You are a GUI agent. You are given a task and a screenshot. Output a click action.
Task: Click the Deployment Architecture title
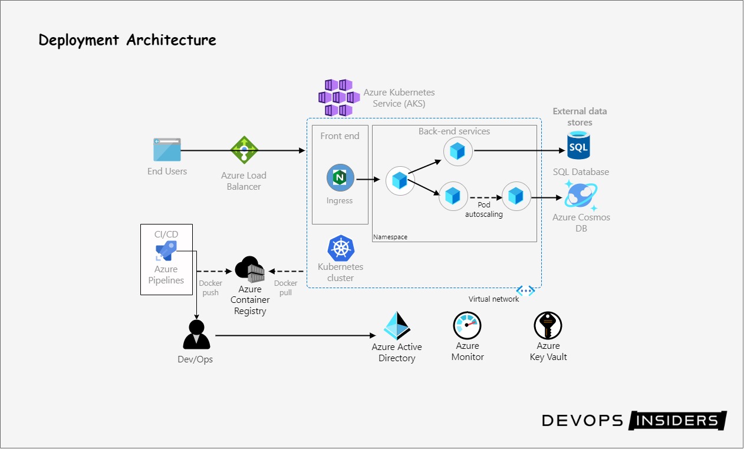(x=127, y=40)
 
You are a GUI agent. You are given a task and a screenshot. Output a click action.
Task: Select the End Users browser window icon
(x=167, y=150)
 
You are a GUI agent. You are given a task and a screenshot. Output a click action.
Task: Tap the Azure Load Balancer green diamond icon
(x=243, y=150)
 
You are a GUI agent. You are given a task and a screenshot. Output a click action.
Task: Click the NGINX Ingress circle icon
(x=340, y=178)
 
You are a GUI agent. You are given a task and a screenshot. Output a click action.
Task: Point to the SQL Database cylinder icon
(x=578, y=146)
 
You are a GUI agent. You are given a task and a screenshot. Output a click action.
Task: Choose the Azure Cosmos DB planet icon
(x=581, y=196)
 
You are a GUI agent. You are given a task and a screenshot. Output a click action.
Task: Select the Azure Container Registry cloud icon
(x=250, y=269)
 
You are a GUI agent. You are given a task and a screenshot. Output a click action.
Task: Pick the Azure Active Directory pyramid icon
(x=397, y=325)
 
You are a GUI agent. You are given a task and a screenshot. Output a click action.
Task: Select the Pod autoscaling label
(x=483, y=210)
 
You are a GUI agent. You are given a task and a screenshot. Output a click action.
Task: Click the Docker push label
(x=210, y=288)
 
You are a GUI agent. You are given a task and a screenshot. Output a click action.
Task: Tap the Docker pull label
(x=286, y=288)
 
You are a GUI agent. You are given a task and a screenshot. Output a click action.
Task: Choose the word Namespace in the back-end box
(x=390, y=237)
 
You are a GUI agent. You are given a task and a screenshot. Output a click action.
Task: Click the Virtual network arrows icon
(x=525, y=290)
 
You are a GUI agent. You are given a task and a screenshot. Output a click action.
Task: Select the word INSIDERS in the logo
(x=677, y=420)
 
